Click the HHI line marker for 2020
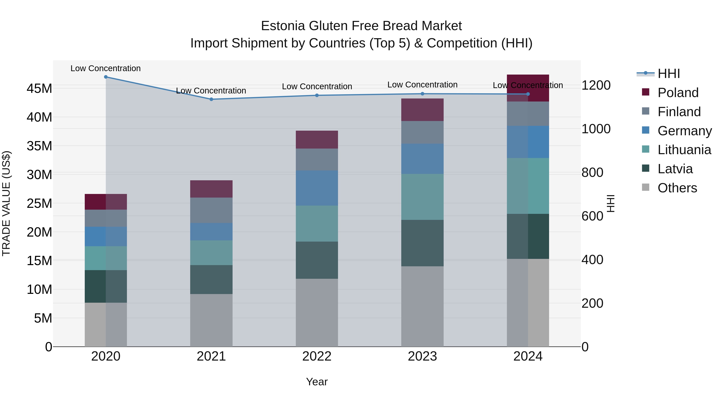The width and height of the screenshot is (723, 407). point(106,77)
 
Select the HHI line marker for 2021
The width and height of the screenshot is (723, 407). point(211,99)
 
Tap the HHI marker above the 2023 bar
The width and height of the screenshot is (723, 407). point(422,94)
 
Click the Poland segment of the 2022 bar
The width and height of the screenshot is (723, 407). point(317,140)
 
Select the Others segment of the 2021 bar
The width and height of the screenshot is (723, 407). point(211,320)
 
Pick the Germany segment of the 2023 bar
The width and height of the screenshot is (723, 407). point(422,159)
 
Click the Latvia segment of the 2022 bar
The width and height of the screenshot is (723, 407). point(317,260)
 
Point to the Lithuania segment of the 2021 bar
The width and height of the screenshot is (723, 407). point(211,252)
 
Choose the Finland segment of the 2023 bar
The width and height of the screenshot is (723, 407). point(422,132)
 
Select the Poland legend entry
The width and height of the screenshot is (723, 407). point(678,93)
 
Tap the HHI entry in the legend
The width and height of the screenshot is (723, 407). point(669,74)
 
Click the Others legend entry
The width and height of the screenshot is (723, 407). point(677,188)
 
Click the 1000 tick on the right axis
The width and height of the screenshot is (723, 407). point(596,129)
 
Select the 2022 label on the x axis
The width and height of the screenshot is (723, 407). point(317,356)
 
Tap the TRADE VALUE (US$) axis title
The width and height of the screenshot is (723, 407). point(6,203)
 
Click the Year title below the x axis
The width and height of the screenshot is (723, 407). point(317,382)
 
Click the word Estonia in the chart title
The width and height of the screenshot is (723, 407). point(283,26)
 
